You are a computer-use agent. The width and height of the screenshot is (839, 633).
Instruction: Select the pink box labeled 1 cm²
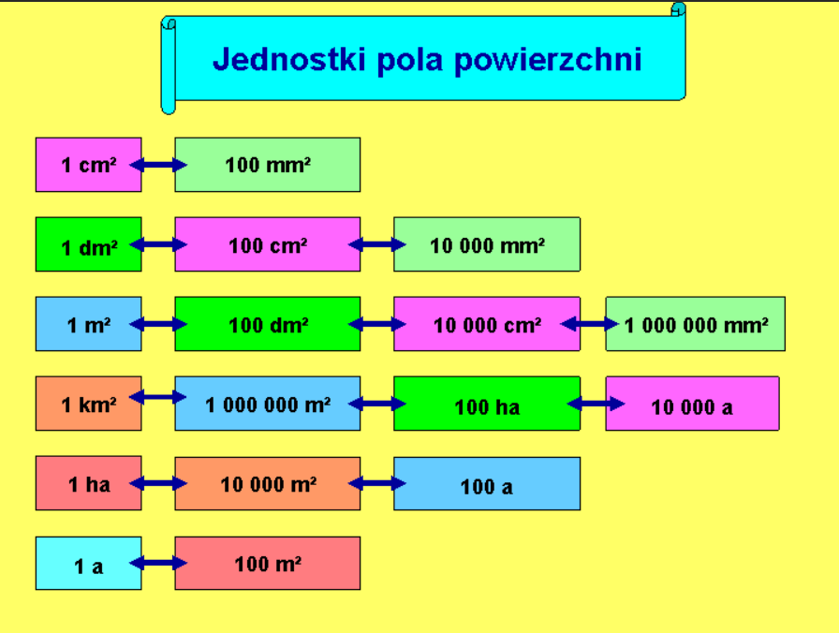click(88, 165)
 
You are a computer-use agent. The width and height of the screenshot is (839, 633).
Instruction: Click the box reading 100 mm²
click(268, 165)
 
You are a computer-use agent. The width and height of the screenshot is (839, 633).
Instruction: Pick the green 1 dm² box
click(88, 245)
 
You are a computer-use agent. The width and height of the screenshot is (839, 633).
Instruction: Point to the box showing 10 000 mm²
click(487, 245)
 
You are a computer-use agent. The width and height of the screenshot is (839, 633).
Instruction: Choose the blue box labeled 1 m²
click(88, 325)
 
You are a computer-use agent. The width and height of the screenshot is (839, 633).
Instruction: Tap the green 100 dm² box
click(268, 325)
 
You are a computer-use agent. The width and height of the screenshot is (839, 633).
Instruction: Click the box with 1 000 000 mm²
click(696, 325)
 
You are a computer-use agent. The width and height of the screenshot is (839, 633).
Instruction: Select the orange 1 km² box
click(88, 405)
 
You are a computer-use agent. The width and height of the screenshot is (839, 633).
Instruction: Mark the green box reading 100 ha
click(487, 405)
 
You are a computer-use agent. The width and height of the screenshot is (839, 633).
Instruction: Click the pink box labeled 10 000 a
click(692, 405)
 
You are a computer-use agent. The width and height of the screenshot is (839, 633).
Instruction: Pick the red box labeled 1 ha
click(88, 484)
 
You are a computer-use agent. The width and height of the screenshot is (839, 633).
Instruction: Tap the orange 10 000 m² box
click(268, 484)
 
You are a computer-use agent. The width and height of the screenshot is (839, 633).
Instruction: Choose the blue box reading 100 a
click(487, 485)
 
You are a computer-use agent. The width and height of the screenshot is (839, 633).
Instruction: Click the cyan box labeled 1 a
click(88, 565)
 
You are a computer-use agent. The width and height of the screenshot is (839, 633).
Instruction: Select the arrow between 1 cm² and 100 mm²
click(158, 165)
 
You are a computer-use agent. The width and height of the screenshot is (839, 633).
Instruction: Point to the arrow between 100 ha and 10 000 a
click(596, 404)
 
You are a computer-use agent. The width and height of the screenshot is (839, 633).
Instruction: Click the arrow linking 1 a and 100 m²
click(158, 564)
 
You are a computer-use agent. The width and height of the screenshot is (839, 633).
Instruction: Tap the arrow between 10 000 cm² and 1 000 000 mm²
click(590, 324)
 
